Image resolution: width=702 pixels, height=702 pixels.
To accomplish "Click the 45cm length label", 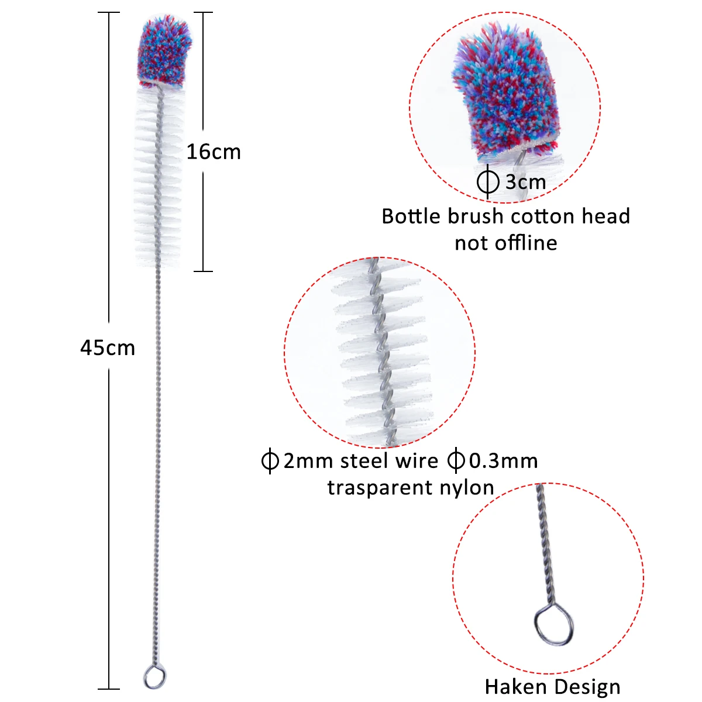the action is click(108, 348).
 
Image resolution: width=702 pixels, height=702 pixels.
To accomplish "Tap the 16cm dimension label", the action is click(214, 152).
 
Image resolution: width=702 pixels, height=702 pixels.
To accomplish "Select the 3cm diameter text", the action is click(525, 182).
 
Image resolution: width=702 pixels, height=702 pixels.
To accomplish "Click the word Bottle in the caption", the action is click(411, 216).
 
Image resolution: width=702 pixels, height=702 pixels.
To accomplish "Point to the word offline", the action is click(526, 243).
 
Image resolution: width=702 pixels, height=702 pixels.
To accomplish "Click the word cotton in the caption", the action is click(543, 216).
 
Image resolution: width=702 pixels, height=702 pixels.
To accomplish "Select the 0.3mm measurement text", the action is click(503, 461).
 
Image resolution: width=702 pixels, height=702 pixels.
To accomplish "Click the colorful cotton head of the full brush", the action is click(164, 51).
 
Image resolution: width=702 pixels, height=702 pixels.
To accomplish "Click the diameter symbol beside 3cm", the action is click(488, 182).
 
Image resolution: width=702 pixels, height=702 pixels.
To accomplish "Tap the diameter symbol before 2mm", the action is click(270, 461).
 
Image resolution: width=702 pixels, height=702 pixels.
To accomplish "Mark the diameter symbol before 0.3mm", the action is click(456, 461).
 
